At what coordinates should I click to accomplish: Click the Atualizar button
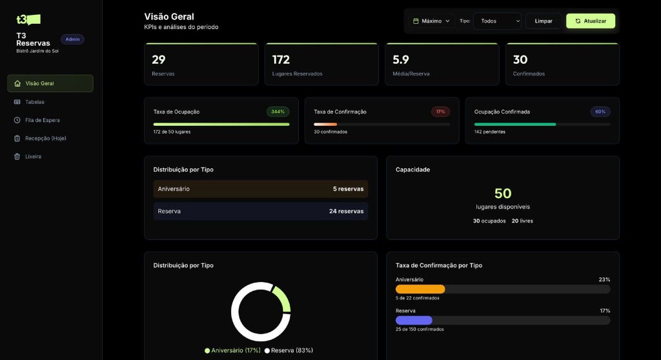click(591, 21)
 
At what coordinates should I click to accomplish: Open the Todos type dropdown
click(497, 21)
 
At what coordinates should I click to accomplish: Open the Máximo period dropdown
click(431, 21)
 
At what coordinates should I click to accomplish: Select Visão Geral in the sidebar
click(50, 83)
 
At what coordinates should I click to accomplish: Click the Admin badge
click(72, 39)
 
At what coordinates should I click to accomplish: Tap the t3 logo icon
click(28, 19)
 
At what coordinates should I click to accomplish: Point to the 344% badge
click(278, 112)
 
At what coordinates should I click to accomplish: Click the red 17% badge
click(440, 112)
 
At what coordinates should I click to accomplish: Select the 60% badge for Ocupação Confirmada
click(600, 112)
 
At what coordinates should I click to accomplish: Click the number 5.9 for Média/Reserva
click(401, 60)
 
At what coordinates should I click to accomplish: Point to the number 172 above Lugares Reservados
click(281, 60)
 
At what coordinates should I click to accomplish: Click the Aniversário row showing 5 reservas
click(261, 189)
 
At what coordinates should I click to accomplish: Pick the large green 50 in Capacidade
click(503, 194)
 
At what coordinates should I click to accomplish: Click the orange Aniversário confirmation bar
click(420, 289)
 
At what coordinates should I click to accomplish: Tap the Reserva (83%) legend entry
click(289, 350)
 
